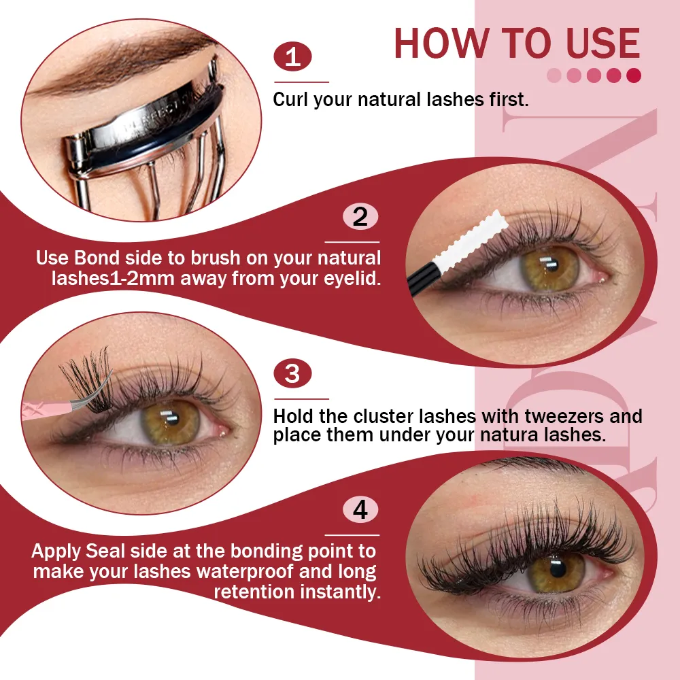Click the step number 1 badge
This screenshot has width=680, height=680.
[292, 56]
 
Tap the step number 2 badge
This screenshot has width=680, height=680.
[360, 216]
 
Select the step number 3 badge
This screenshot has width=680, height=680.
[292, 373]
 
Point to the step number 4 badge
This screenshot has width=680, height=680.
[360, 509]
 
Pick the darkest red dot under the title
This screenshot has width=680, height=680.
[634, 75]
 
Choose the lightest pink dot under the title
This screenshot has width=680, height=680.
[554, 75]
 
